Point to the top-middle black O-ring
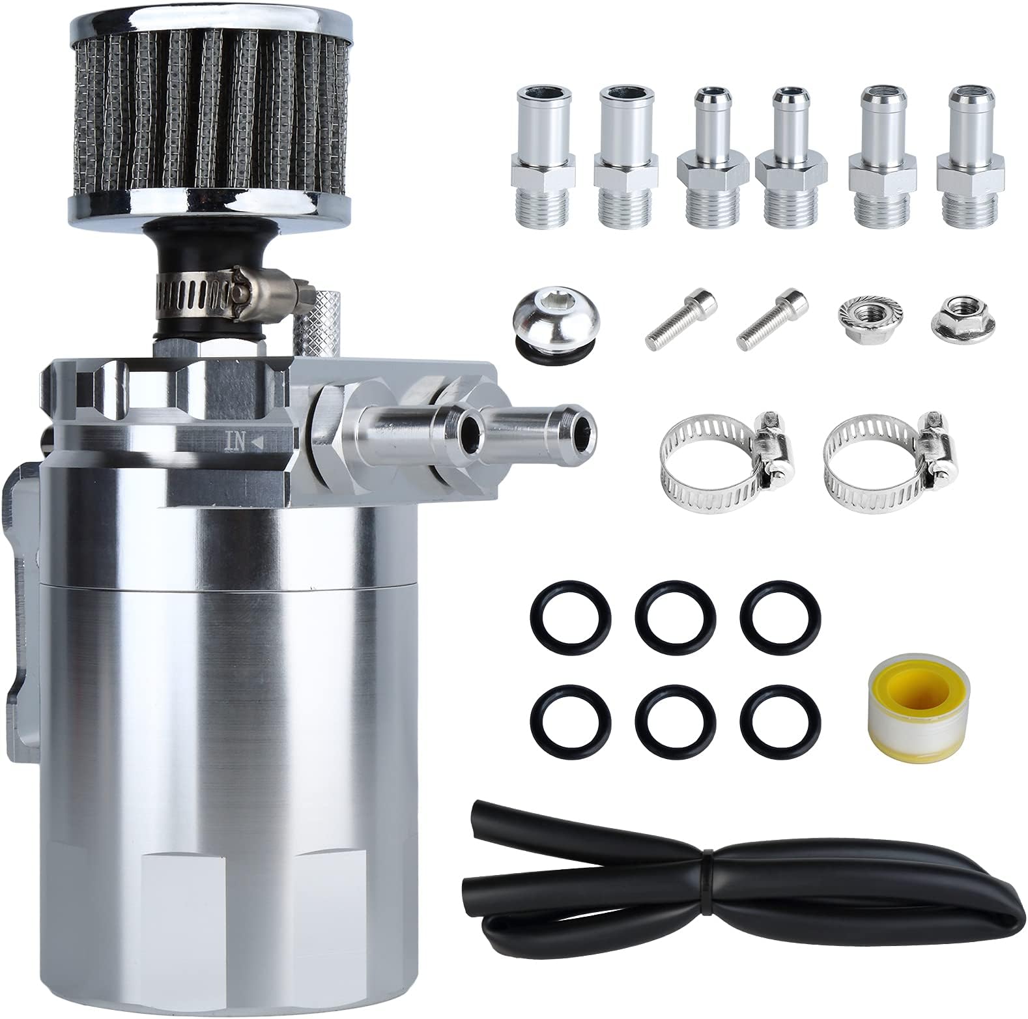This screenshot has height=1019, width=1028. tap(676, 614)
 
